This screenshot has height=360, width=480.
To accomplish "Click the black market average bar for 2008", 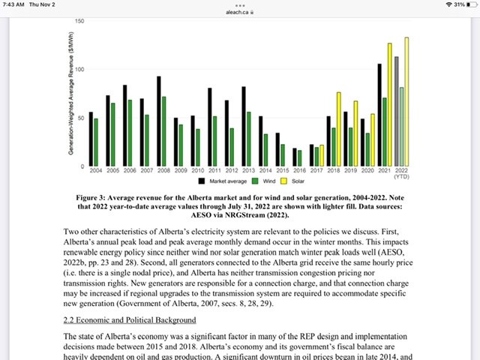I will [x=159, y=120].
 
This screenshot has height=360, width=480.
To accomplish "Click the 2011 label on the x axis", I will [x=214, y=171].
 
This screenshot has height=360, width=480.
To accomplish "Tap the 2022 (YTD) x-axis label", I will [x=402, y=174].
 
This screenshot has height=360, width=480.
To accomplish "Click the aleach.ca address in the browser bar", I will [x=240, y=12].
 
